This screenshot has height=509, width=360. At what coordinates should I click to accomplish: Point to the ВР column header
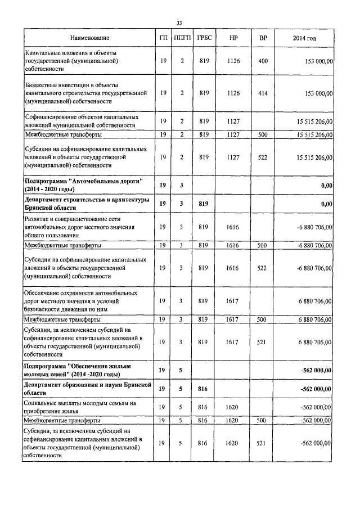(262, 38)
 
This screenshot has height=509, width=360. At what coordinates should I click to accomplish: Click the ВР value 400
(262, 61)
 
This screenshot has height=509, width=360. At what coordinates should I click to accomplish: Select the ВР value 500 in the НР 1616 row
(262, 245)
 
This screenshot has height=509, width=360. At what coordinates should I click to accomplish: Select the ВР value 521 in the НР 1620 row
(262, 443)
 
